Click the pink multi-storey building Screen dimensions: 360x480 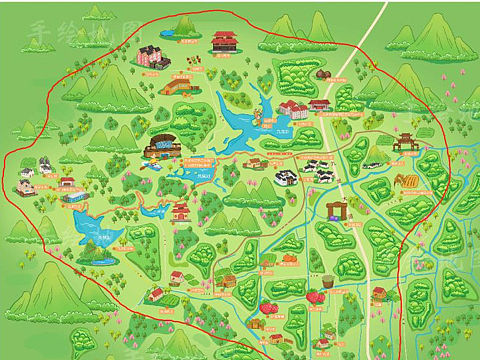(x=149, y=55)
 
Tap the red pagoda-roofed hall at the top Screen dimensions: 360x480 (x=224, y=41)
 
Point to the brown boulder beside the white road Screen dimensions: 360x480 (x=323, y=74)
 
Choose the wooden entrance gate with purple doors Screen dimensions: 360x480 (x=336, y=210)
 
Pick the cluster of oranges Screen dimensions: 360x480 (x=289, y=258)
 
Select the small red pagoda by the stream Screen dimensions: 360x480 (x=181, y=210)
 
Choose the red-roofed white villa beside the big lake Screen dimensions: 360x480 (x=294, y=107)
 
